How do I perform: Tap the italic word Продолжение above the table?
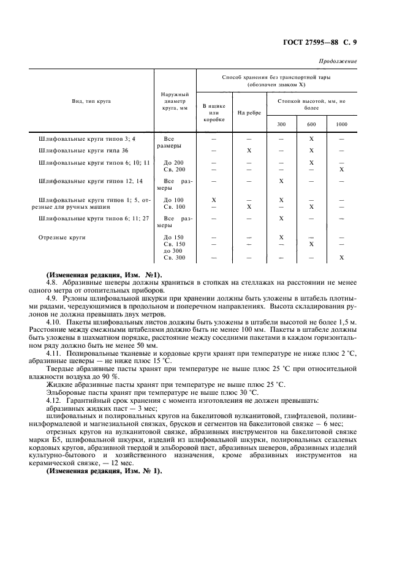point(338,61)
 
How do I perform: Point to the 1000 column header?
point(341,124)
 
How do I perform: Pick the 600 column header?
point(311,124)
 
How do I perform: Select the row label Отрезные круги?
point(62,236)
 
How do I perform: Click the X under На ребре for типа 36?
point(249,150)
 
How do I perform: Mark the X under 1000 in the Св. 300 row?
point(341,258)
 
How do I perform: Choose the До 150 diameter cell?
point(173,236)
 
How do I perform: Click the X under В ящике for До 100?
point(213,200)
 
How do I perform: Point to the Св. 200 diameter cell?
point(174,169)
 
